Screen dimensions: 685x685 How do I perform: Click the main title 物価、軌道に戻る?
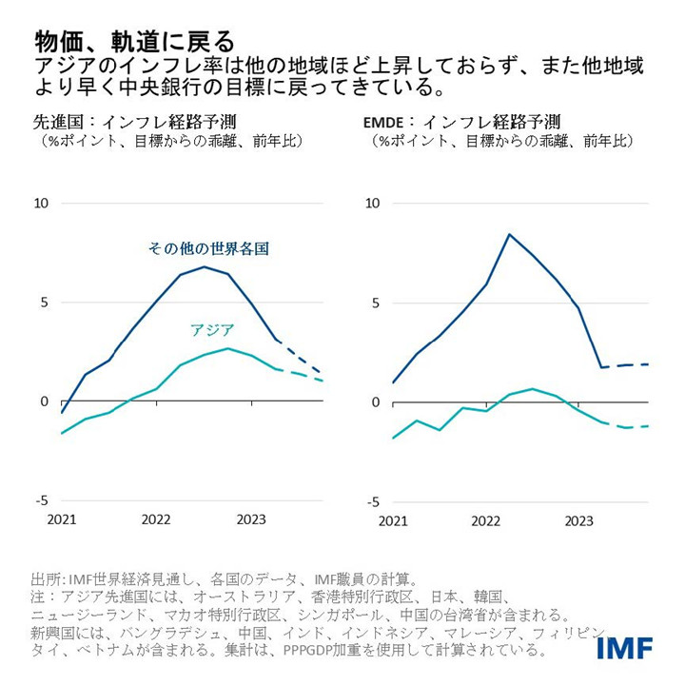(133, 41)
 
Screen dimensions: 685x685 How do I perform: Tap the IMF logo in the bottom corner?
(625, 648)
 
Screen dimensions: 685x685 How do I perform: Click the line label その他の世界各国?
(208, 248)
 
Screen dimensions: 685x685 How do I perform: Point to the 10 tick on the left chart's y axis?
(41, 203)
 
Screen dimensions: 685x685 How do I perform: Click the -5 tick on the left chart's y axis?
(41, 501)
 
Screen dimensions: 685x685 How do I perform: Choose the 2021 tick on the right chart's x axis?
(392, 520)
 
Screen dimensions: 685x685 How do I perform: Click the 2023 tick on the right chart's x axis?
(579, 520)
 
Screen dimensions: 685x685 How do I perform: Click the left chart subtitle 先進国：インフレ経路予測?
(134, 123)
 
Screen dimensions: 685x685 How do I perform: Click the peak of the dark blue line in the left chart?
(204, 266)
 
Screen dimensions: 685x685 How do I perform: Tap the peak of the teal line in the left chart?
(228, 348)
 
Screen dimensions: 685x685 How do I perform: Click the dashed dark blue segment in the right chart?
(628, 365)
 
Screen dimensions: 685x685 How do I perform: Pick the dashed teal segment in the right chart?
(628, 427)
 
